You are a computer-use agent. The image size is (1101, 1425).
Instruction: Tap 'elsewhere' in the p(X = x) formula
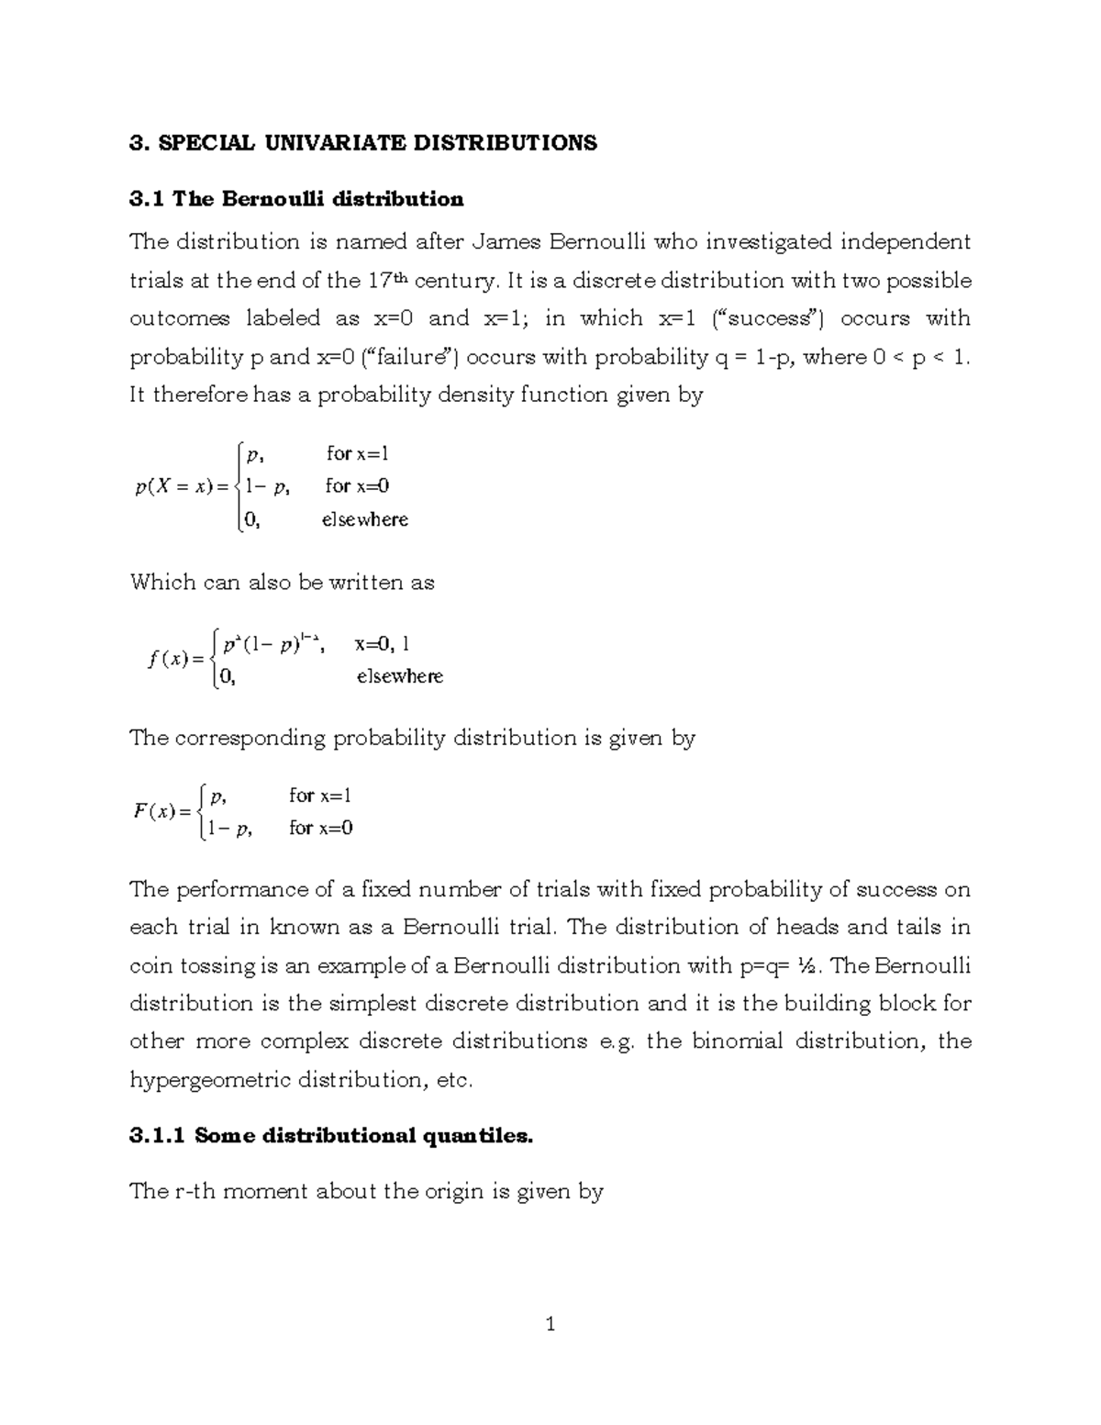pyautogui.click(x=364, y=519)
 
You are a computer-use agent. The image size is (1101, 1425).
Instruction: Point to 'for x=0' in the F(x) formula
pyautogui.click(x=321, y=828)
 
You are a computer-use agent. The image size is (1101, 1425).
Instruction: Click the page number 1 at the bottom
pyautogui.click(x=550, y=1324)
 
